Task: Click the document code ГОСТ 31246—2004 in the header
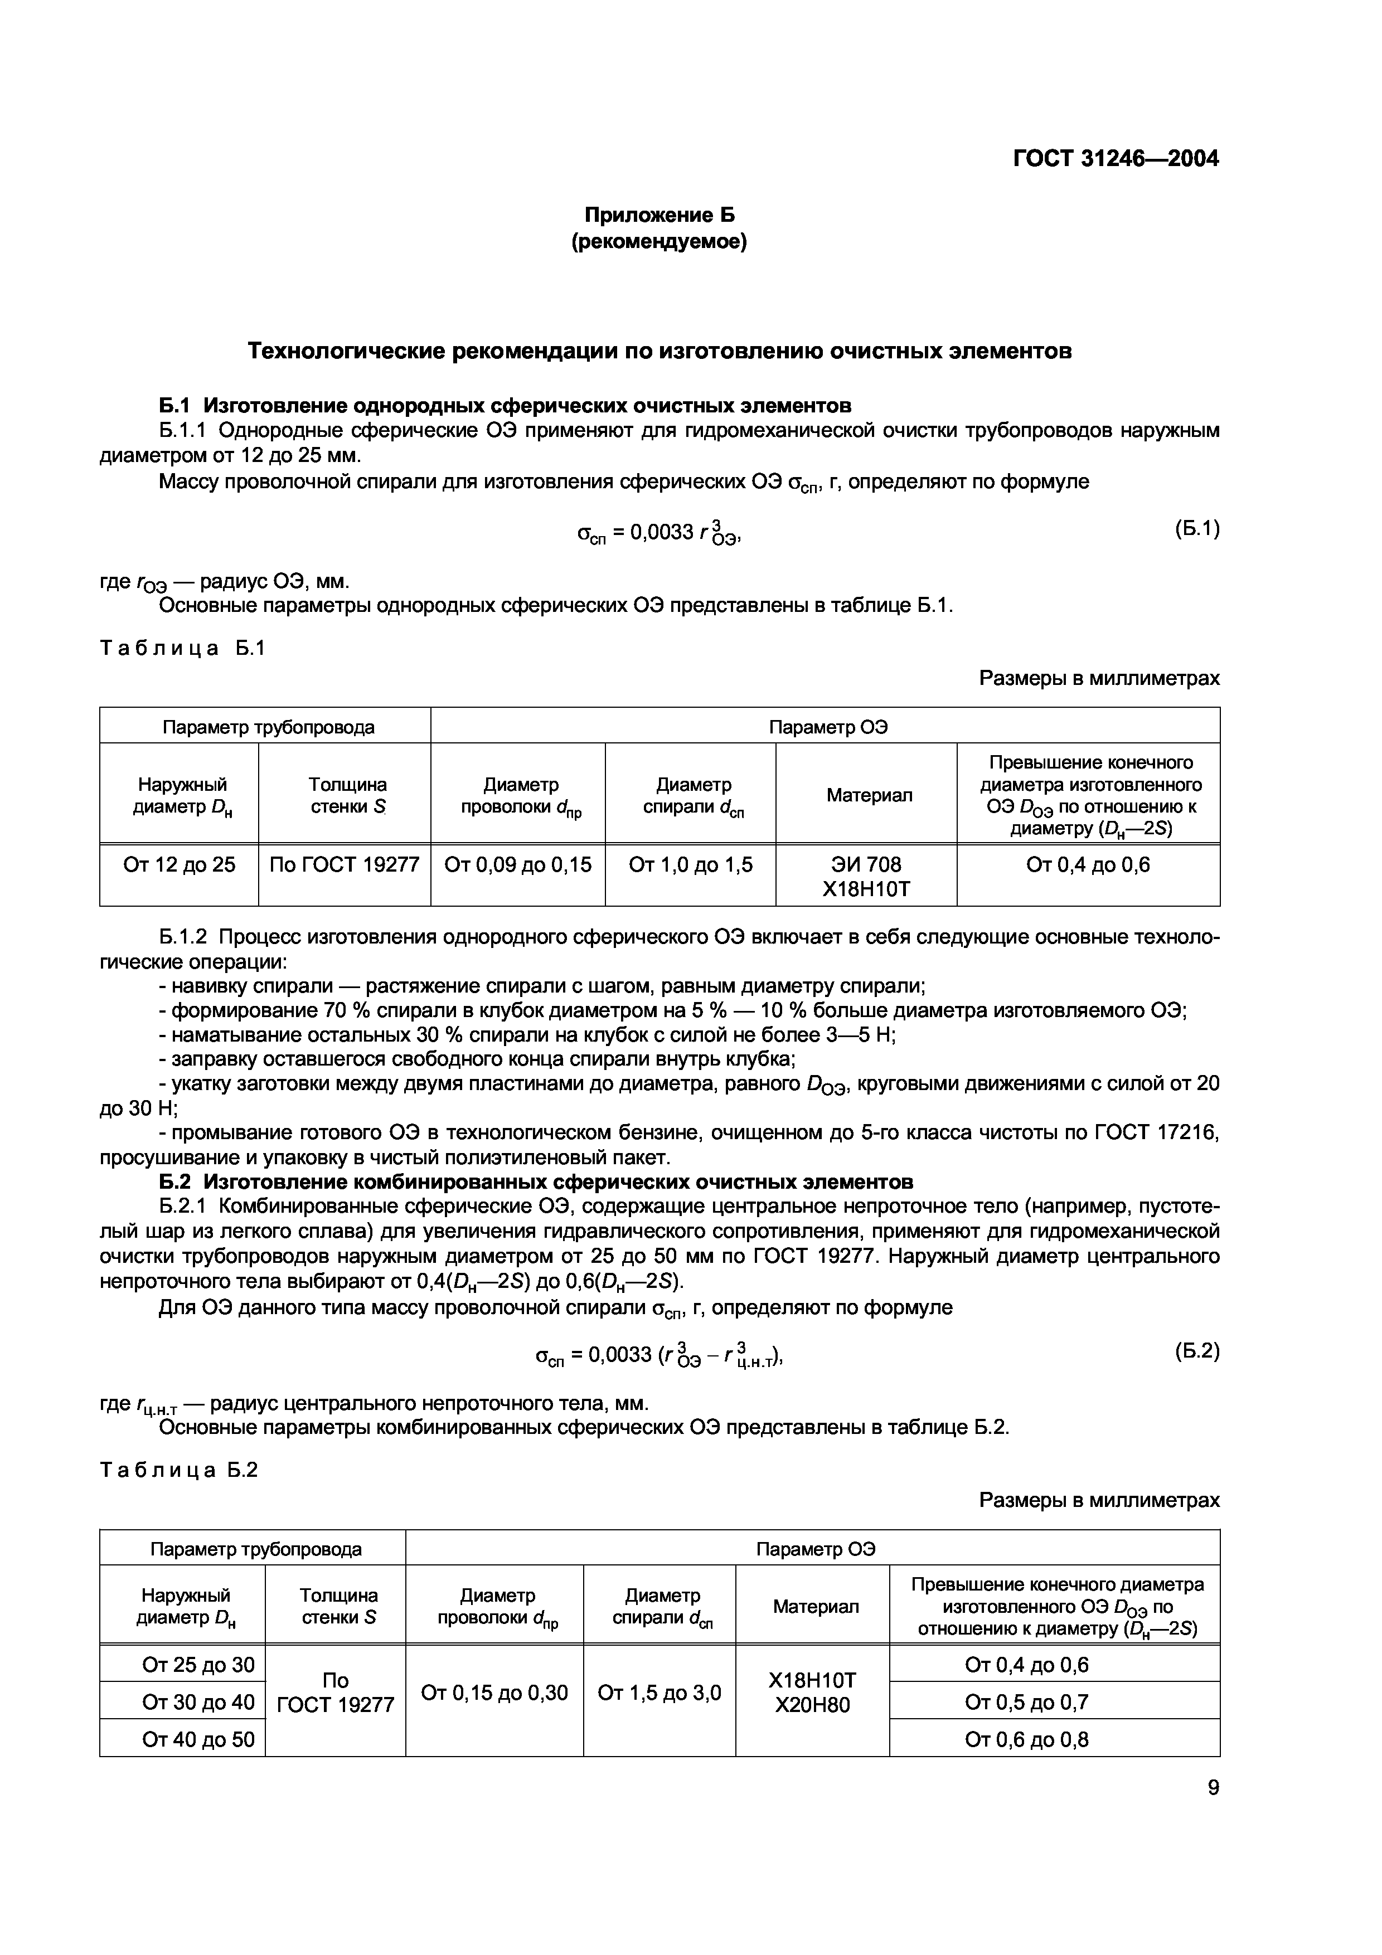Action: (x=1116, y=158)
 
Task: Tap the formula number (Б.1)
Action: (x=1196, y=529)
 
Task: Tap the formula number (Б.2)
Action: (x=1196, y=1350)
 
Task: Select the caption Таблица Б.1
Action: (x=183, y=648)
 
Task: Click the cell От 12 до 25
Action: (x=179, y=865)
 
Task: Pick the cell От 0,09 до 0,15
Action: (x=518, y=865)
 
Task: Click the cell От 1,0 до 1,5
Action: (x=691, y=865)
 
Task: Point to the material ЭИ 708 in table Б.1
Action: (x=866, y=865)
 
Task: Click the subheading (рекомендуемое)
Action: (x=658, y=242)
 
